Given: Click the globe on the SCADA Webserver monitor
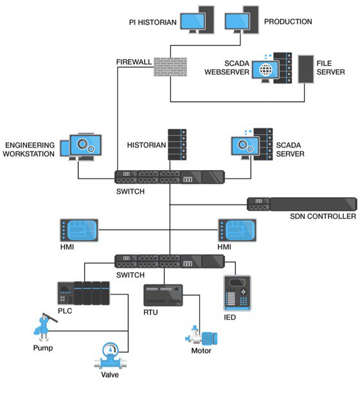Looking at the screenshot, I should [x=264, y=69].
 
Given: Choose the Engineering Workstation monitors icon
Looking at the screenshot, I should [x=79, y=146].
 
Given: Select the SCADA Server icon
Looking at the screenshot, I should [x=251, y=144].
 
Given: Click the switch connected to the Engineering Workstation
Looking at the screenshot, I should [x=169, y=177].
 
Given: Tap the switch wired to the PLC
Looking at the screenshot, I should [x=169, y=261].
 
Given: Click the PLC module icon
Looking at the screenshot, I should [x=83, y=293].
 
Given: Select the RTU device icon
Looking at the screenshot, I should [x=163, y=295].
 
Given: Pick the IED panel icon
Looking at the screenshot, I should [x=237, y=293].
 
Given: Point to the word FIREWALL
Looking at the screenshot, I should [x=133, y=62].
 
